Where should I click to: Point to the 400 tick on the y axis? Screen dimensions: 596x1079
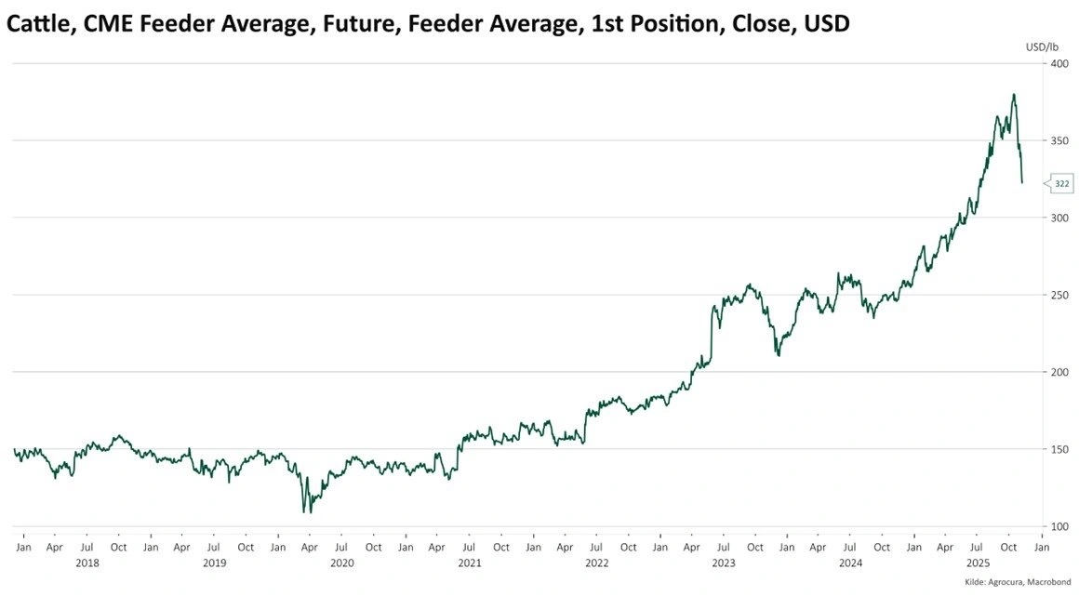(x=1059, y=63)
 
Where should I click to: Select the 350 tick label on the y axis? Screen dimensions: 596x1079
(x=1059, y=140)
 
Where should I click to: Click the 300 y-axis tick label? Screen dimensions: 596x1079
(x=1059, y=218)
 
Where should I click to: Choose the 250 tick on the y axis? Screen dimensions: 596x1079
(x=1059, y=295)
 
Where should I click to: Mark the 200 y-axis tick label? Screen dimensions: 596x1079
(x=1059, y=372)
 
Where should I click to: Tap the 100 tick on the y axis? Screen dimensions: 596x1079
(x=1059, y=526)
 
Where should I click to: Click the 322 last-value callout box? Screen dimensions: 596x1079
(x=1061, y=184)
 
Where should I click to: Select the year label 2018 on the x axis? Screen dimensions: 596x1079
(x=87, y=563)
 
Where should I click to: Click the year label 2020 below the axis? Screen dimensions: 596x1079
(x=341, y=563)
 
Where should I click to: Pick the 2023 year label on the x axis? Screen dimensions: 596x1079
(x=723, y=563)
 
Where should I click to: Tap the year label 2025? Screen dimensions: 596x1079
(x=978, y=563)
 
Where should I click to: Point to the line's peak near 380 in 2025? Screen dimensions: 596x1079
(x=1013, y=95)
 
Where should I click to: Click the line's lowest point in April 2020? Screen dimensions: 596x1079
(x=304, y=511)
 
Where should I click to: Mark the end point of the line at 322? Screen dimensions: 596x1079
(x=1022, y=183)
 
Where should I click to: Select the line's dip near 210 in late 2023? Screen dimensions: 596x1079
(x=778, y=354)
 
